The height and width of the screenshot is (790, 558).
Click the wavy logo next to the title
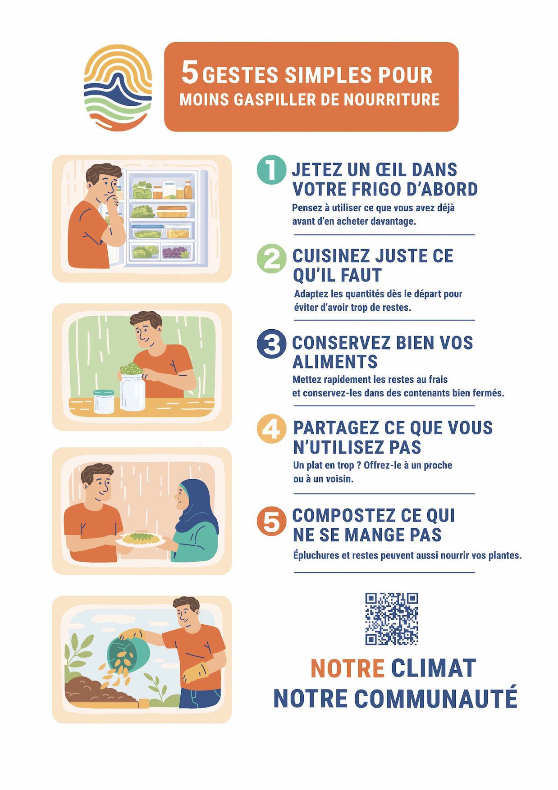118,88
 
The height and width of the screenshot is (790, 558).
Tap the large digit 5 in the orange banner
190,73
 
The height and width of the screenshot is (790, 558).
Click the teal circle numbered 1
271,169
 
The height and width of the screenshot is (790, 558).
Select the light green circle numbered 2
271,259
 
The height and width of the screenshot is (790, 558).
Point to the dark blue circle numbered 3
271,344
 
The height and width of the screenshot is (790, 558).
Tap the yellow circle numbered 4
271,429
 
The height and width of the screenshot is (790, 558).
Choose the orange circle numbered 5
271,521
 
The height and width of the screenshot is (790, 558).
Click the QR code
392,619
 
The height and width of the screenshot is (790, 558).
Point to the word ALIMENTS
335,362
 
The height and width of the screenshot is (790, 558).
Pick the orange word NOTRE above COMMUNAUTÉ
348,668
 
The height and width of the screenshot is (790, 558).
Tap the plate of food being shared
141,539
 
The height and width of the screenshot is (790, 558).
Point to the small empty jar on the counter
104,401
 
